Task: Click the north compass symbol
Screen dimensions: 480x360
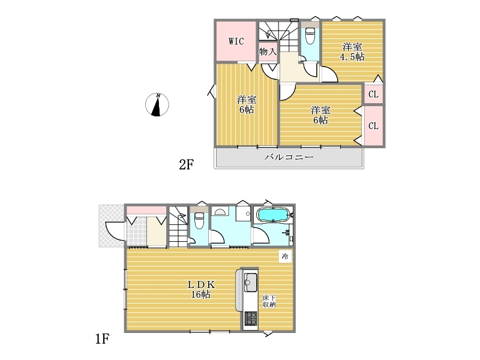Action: point(157,104)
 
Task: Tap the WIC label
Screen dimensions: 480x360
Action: point(236,41)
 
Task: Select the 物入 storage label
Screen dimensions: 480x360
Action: point(268,52)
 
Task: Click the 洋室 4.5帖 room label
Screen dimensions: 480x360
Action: point(352,52)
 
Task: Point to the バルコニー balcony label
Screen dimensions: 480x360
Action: point(289,157)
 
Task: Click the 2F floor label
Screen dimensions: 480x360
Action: point(186,164)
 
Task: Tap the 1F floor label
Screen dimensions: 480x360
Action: point(102,339)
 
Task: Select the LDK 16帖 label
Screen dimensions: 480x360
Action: point(201,289)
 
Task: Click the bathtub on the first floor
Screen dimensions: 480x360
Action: point(272,215)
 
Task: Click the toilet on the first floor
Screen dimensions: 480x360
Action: point(199,219)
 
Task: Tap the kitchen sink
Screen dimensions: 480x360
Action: point(250,282)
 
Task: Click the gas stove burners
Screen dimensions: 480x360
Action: point(251,319)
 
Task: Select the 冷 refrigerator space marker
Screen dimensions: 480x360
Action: point(285,256)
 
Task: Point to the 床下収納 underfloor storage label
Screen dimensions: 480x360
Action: point(269,301)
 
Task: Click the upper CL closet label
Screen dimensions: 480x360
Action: point(373,94)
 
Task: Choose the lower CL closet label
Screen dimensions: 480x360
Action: point(373,126)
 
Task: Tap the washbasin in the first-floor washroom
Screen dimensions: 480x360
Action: point(220,212)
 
